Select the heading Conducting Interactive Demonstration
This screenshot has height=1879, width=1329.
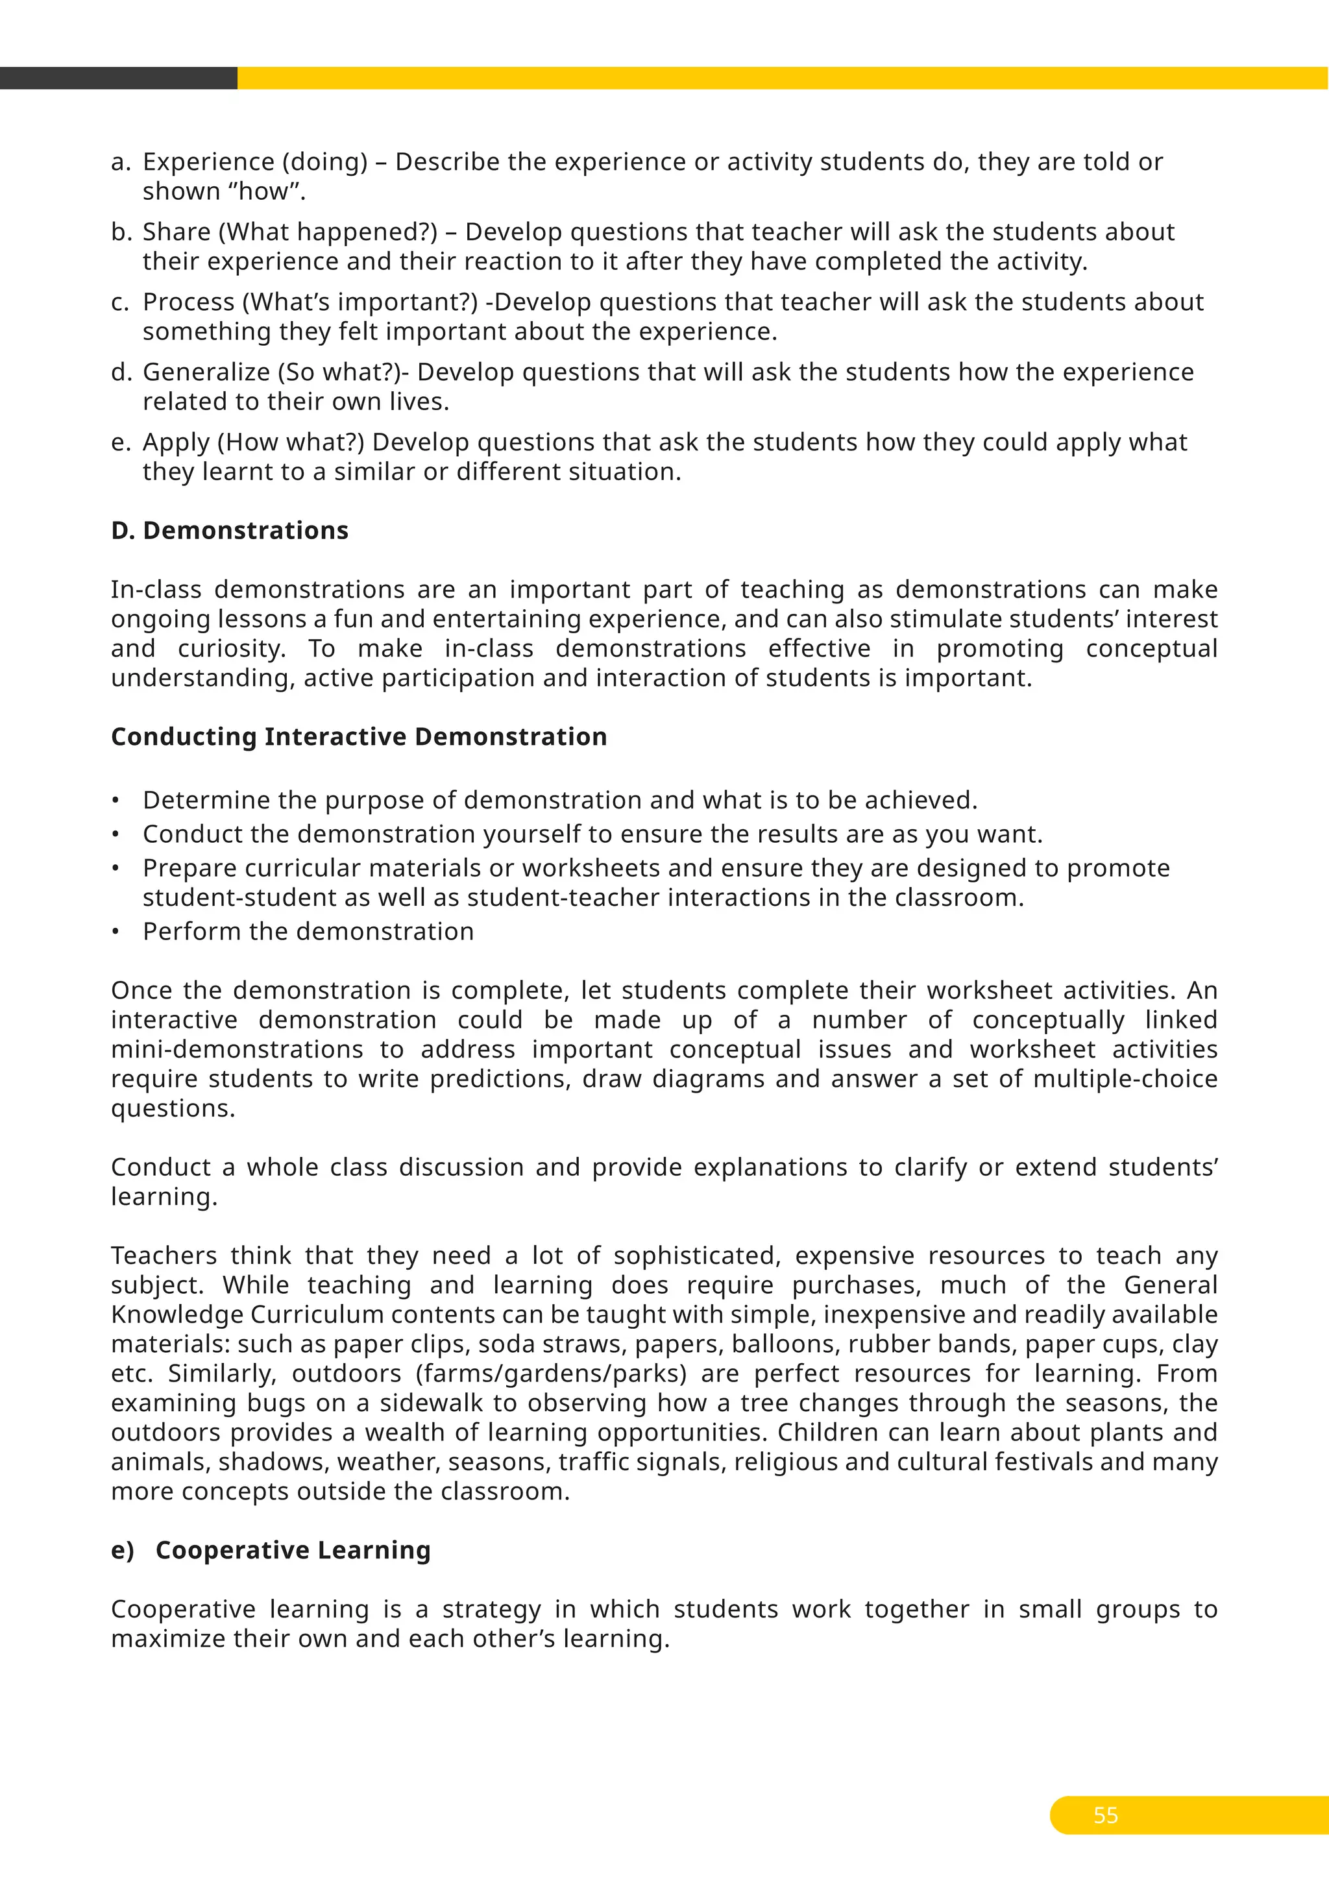[358, 736]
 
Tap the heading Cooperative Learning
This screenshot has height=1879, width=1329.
[292, 1550]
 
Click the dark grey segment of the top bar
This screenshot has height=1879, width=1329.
[118, 78]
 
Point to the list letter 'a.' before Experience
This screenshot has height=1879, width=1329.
[120, 162]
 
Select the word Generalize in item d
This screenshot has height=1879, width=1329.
[206, 372]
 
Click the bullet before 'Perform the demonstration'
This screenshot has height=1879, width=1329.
[116, 932]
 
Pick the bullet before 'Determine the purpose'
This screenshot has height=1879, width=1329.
[116, 801]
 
